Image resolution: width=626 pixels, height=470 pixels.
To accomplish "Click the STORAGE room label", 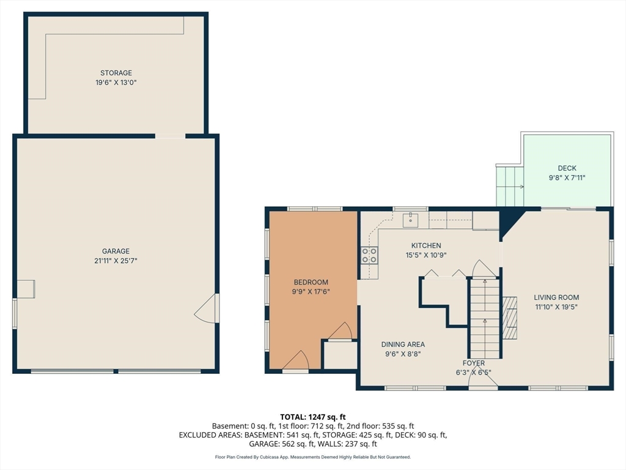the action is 116,73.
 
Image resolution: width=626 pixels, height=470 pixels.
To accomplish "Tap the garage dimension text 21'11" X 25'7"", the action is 116,261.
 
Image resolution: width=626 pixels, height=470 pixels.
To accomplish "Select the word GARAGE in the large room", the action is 116,252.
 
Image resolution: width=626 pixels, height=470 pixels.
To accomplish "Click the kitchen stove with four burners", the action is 369,255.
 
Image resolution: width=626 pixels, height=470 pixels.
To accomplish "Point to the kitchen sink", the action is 410,220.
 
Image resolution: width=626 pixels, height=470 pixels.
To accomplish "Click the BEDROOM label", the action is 311,282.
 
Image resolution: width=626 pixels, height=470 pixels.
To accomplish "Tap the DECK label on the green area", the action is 567,168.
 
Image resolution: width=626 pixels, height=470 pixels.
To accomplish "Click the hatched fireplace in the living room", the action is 510,318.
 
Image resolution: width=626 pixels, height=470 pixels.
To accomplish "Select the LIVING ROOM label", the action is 556,297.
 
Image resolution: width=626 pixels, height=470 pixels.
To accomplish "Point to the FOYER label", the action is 474,363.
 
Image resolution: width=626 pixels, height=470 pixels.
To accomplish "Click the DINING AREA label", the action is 403,344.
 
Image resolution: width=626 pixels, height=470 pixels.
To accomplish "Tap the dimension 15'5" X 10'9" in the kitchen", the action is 426,255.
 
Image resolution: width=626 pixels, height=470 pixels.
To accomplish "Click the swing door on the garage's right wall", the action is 206,308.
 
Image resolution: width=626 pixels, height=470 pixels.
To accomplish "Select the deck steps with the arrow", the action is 510,186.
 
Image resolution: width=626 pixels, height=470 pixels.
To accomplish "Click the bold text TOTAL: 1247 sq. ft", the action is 312,417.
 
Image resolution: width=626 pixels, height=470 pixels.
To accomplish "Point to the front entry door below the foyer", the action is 483,381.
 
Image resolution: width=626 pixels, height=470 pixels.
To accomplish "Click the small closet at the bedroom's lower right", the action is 340,354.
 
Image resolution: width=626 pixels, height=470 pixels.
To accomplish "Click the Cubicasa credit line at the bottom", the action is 312,457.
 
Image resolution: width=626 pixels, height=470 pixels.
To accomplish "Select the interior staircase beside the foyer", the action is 485,318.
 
